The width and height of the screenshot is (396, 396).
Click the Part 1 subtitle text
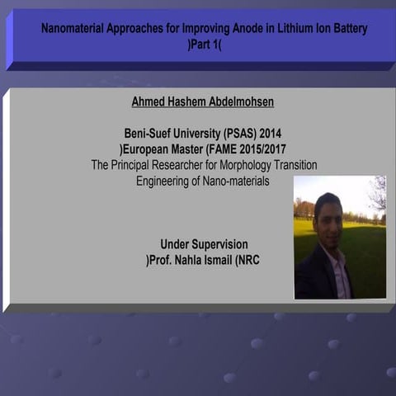[205, 44]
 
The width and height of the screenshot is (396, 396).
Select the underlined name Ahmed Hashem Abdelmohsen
[203, 102]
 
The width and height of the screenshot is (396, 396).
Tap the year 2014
[276, 133]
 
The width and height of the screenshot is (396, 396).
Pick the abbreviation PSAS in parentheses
[239, 133]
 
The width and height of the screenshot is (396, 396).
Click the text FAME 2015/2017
[243, 149]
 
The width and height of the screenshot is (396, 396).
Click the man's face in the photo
[328, 213]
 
